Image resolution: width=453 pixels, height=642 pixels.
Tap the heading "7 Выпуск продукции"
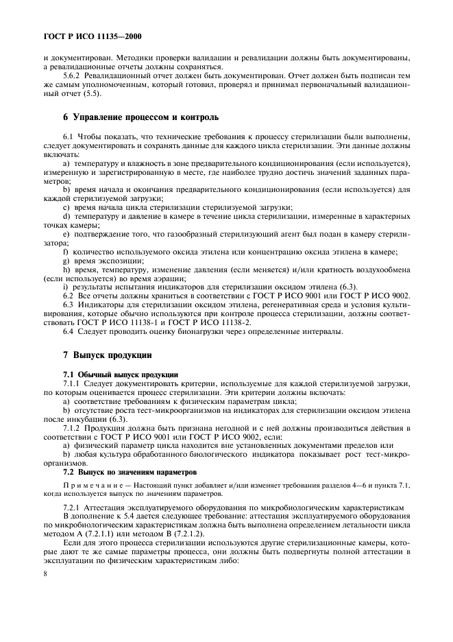(x=103, y=355)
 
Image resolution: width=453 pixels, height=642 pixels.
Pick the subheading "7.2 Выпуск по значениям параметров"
(x=130, y=473)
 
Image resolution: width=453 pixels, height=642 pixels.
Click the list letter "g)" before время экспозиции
(x=66, y=261)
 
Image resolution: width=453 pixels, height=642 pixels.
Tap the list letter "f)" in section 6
(x=65, y=252)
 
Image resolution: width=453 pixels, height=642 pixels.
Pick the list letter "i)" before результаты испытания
(x=64, y=287)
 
